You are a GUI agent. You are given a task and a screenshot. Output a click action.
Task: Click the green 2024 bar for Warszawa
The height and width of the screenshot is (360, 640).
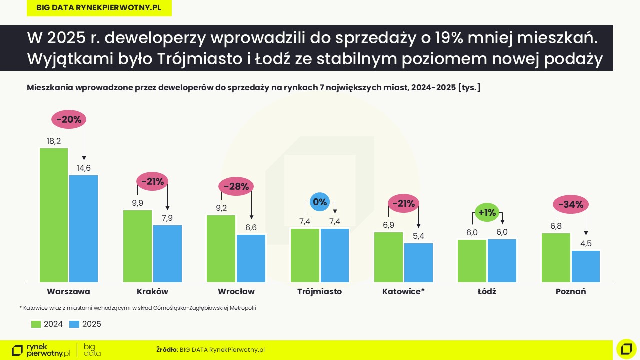click(54, 215)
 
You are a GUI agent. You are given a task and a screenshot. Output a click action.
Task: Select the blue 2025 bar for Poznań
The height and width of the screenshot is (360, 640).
click(585, 266)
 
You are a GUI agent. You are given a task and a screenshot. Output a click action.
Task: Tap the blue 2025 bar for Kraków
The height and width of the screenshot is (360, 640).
click(167, 254)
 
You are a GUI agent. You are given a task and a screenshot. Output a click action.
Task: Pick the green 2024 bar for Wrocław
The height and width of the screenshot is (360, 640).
click(221, 248)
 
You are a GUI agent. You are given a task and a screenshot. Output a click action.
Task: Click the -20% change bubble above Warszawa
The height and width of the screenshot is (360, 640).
click(69, 119)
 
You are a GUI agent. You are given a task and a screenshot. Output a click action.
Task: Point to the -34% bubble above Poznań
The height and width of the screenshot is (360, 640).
click(570, 204)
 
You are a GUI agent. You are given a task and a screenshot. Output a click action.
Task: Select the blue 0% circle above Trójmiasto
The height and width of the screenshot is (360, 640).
click(319, 202)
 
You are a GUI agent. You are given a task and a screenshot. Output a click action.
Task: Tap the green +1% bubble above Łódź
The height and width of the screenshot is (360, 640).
click(487, 212)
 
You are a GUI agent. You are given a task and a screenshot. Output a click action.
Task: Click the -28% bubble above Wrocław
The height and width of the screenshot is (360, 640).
click(236, 187)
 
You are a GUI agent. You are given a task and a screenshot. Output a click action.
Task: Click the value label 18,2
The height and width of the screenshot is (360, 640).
click(54, 141)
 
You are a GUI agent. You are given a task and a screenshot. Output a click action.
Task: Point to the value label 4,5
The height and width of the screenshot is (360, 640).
click(586, 244)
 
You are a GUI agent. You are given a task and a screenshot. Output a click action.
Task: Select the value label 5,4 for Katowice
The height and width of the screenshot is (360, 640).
click(418, 236)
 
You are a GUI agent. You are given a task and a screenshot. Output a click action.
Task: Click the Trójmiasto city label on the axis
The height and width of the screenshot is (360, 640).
click(319, 291)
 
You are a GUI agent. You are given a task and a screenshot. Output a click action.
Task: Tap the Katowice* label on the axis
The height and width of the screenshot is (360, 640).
click(403, 291)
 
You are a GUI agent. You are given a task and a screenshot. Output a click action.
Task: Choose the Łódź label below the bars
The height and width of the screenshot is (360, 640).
click(487, 291)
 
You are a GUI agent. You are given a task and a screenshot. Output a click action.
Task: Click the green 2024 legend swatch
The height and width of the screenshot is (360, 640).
click(36, 324)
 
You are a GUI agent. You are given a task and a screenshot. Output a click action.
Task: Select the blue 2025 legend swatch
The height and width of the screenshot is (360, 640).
click(74, 324)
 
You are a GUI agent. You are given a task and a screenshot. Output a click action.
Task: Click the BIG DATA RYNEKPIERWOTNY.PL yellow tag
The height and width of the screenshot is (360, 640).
click(99, 8)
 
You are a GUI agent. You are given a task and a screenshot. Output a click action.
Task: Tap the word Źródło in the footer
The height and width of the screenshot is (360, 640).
click(166, 350)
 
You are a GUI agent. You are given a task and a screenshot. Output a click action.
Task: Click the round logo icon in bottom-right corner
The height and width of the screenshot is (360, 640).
click(626, 349)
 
